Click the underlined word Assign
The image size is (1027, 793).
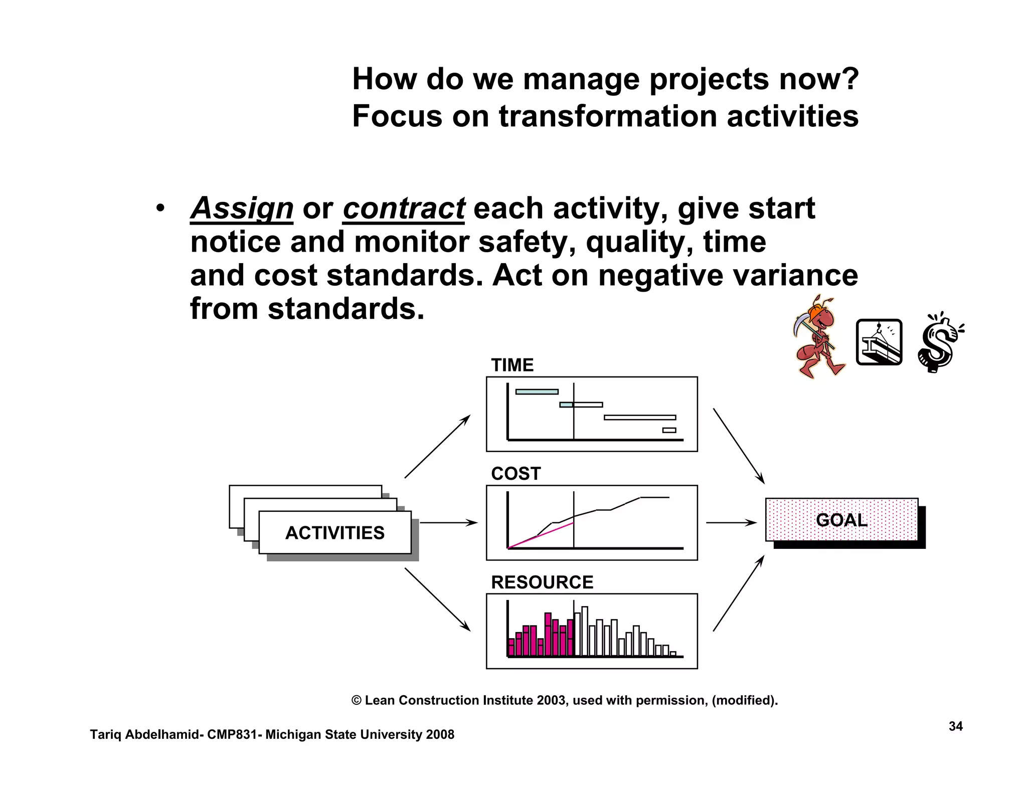coord(242,209)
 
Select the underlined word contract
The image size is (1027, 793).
coord(404,209)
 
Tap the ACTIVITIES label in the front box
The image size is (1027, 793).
coord(334,533)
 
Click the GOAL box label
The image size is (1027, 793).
coord(841,520)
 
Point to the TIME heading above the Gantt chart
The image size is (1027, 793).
coord(512,365)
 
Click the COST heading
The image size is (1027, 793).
coord(516,474)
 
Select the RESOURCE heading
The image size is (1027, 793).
coord(542,582)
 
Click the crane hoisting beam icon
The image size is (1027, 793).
coord(879,342)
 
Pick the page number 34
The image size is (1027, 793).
coord(955,726)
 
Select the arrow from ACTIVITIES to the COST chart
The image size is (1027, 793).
coord(448,523)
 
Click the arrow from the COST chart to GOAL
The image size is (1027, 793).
coord(731,523)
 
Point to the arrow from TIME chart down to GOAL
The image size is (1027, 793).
coord(739,446)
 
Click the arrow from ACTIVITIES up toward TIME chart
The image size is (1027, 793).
coord(437,446)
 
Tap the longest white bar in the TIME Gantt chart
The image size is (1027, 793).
coord(640,418)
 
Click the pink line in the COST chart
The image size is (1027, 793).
coord(542,535)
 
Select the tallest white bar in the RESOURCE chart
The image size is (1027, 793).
coord(585,631)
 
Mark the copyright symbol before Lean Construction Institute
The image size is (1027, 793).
coord(357,701)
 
